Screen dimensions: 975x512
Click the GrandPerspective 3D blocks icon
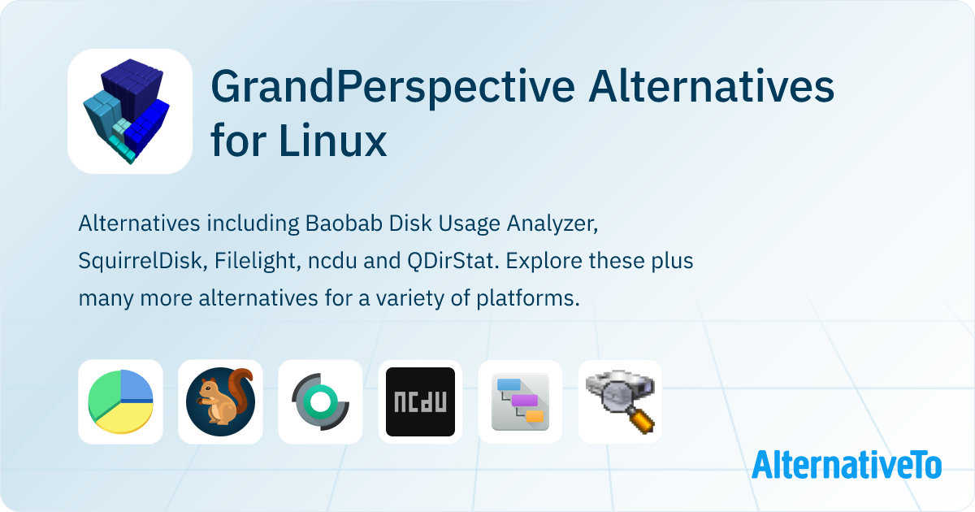130,111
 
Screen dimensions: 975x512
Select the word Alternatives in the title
711,86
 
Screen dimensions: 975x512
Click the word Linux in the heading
333,140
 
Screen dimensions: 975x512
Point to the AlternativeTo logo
847,464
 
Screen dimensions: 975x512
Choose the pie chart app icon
120,401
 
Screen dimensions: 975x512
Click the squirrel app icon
220,401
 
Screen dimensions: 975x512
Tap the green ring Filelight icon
320,401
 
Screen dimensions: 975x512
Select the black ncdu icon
421,401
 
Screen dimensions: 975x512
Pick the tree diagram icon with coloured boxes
520,401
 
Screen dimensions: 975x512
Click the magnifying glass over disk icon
620,401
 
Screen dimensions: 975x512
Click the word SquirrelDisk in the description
140,261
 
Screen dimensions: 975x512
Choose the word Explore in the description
544,261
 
